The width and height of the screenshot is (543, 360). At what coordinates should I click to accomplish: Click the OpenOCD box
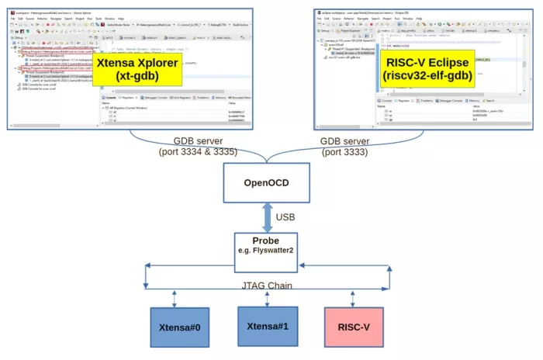[x=267, y=183]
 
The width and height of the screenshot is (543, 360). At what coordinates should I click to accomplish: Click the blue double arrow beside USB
[x=267, y=217]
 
